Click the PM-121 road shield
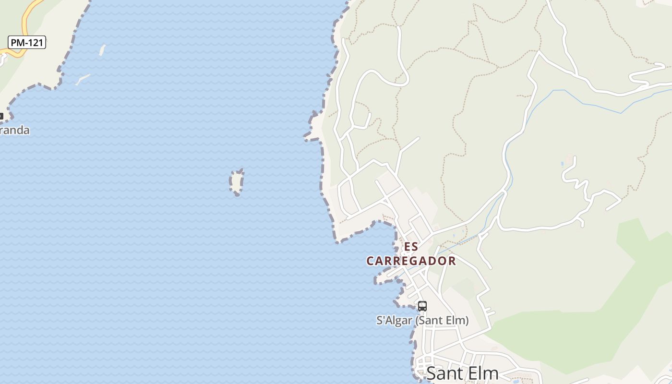click(x=27, y=42)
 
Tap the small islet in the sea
click(x=236, y=182)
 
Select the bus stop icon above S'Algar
click(x=422, y=306)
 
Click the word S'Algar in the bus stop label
click(x=394, y=320)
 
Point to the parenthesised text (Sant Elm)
click(x=442, y=320)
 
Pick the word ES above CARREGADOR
click(x=411, y=247)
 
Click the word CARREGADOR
click(x=411, y=261)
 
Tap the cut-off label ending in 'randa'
click(x=14, y=130)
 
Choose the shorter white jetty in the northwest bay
click(x=102, y=50)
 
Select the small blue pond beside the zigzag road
click(x=562, y=164)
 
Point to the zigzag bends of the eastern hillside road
click(x=578, y=182)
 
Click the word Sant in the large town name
click(x=444, y=373)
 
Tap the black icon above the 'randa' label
click(x=1, y=116)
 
